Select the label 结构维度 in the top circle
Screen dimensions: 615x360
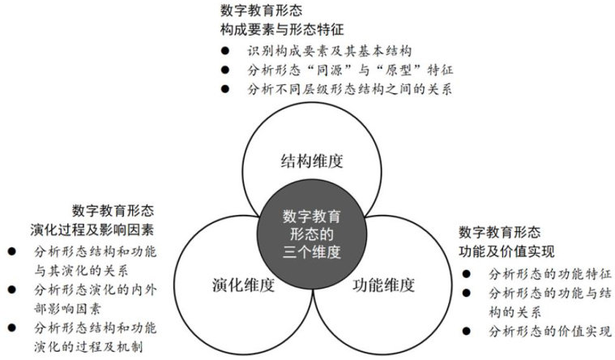pos(311,160)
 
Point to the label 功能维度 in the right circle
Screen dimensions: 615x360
pos(384,285)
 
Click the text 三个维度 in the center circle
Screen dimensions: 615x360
pos(311,252)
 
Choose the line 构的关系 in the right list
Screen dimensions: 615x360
pos(515,311)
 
